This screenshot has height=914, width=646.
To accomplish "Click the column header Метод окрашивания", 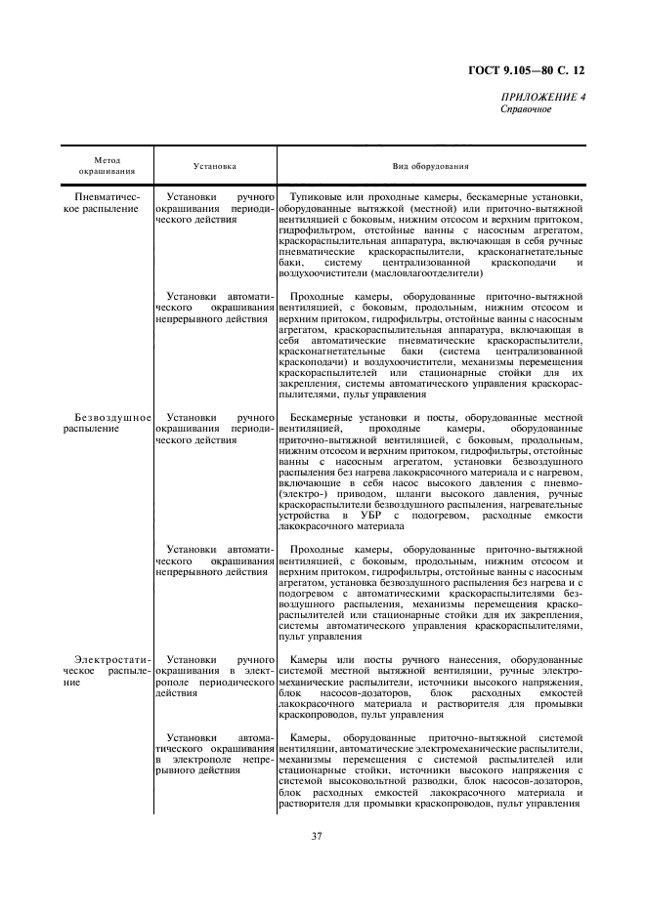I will (x=107, y=166).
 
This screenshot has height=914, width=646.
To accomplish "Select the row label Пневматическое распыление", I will (x=107, y=203).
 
